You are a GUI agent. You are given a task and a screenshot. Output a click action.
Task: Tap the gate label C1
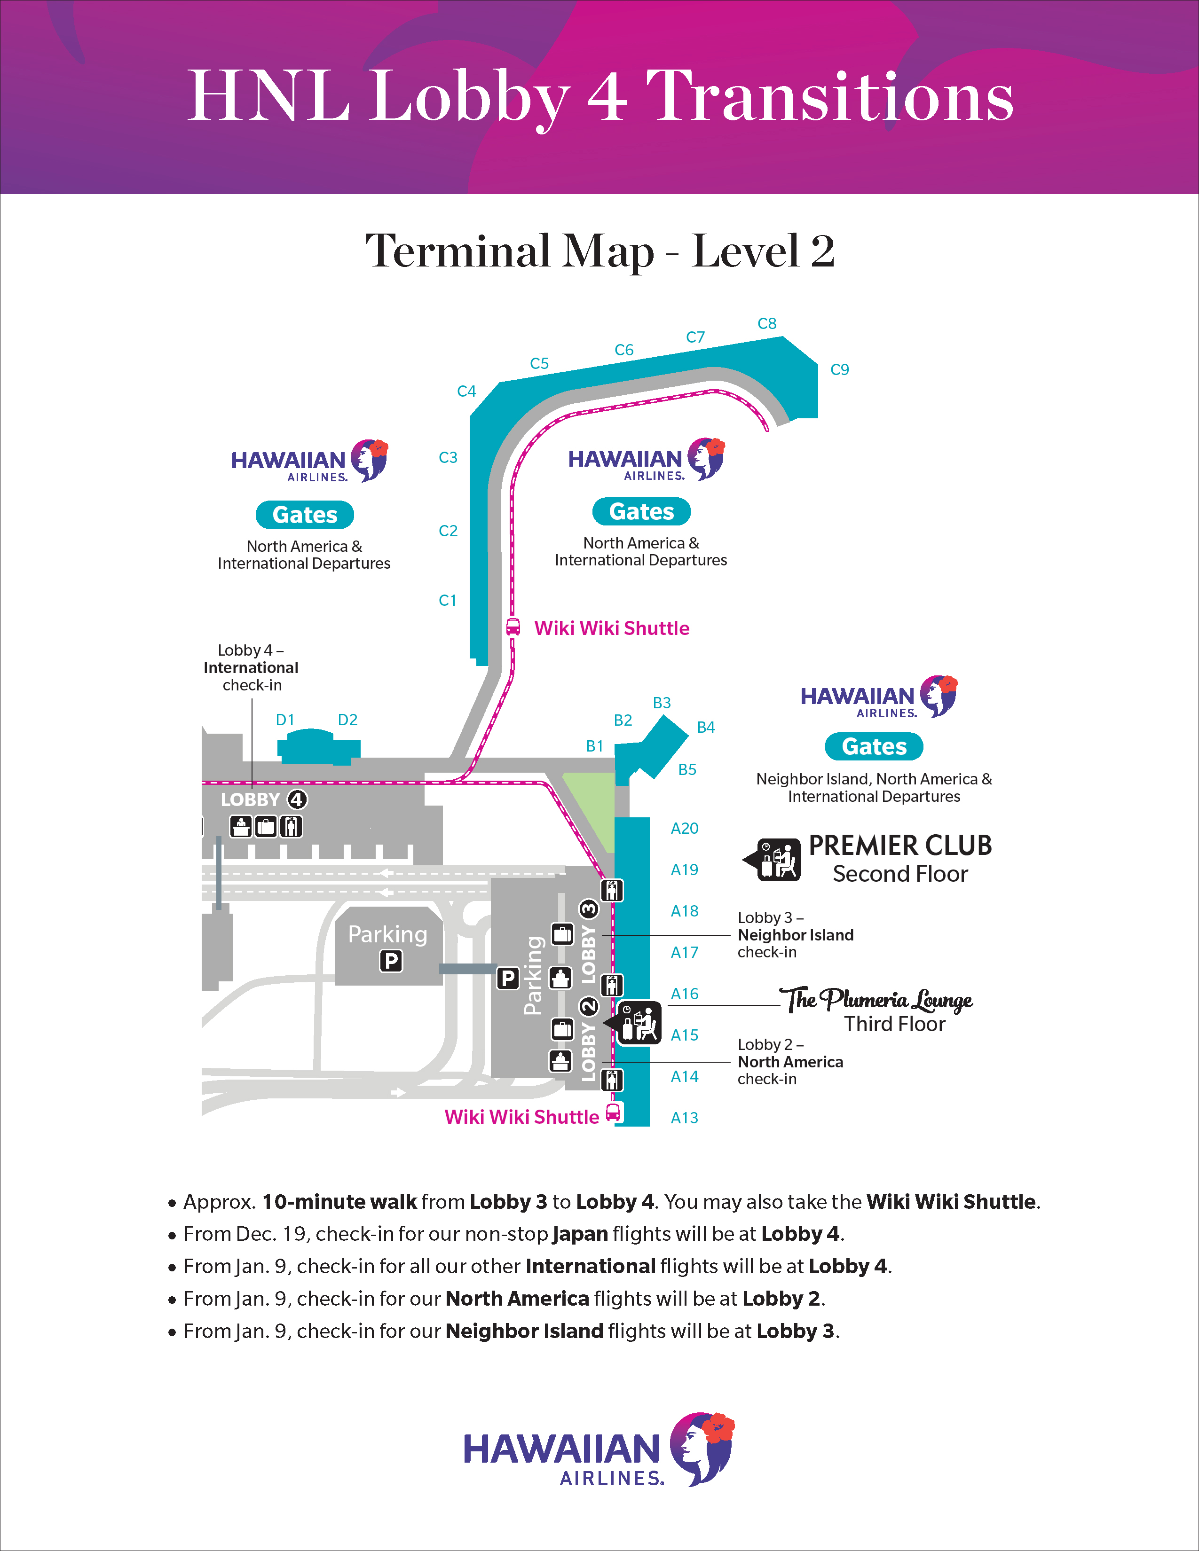coord(448,600)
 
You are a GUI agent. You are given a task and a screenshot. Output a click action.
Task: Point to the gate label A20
coord(684,828)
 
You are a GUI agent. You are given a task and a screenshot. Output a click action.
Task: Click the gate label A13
coord(684,1117)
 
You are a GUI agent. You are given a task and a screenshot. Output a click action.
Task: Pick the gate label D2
coord(347,720)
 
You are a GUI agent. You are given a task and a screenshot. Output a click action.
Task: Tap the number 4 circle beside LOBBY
coord(296,799)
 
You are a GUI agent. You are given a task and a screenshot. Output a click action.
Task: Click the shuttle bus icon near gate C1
coord(513,627)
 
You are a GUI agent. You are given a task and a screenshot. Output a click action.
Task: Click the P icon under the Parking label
coord(391,961)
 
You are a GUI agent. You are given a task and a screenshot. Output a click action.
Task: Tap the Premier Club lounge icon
coord(779,859)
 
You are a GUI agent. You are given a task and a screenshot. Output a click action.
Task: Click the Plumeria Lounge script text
coord(876,1000)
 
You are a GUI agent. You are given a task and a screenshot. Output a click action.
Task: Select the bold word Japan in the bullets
coord(580,1234)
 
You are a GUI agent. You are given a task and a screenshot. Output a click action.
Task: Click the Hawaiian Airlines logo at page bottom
coord(599,1449)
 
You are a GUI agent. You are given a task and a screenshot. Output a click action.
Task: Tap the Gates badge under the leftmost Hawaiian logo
coord(305,515)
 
